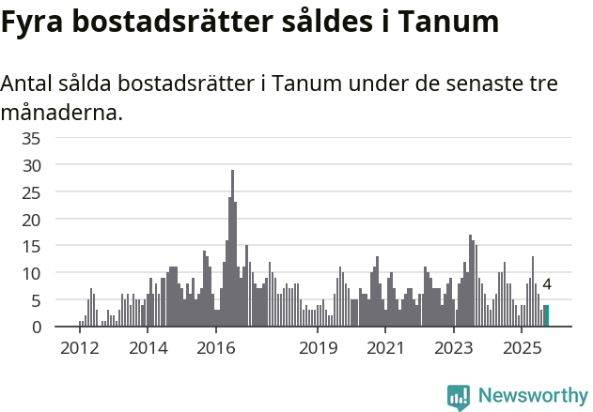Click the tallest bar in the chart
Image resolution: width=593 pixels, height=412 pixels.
(x=232, y=249)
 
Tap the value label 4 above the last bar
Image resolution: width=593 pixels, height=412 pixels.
(x=547, y=284)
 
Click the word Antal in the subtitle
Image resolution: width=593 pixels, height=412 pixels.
(x=29, y=84)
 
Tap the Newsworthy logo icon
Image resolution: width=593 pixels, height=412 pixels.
(x=459, y=397)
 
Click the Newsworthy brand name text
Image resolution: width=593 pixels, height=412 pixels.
(x=532, y=397)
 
